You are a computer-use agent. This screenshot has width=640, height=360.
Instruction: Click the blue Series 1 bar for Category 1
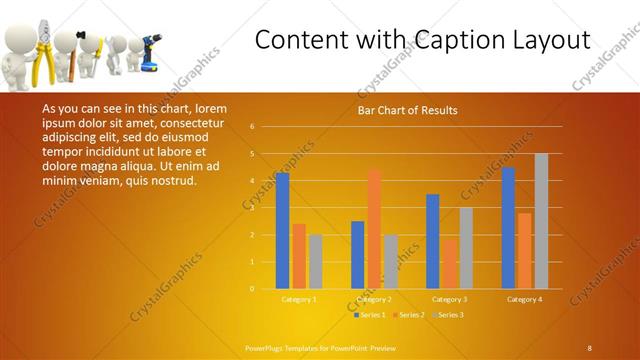(282, 231)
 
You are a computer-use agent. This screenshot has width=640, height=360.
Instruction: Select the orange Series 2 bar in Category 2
(374, 229)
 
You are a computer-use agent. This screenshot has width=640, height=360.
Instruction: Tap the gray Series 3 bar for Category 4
(541, 221)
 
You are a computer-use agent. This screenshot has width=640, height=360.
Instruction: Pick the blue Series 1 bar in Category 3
(433, 241)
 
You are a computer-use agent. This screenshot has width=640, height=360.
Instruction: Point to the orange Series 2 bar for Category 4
(525, 251)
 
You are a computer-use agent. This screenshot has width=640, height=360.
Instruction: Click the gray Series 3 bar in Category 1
(315, 262)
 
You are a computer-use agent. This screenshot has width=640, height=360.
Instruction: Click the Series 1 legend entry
(371, 315)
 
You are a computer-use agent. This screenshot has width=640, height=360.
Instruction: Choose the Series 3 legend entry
(450, 315)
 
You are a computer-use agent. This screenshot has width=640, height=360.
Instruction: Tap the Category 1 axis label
(298, 299)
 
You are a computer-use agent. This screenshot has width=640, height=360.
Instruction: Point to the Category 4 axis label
(525, 299)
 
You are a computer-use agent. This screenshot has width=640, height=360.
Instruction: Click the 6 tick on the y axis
(252, 127)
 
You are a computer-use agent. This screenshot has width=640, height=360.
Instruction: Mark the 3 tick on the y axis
(252, 208)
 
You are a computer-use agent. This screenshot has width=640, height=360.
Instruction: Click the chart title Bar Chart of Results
(407, 111)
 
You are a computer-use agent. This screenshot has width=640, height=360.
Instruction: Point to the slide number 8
(589, 347)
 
